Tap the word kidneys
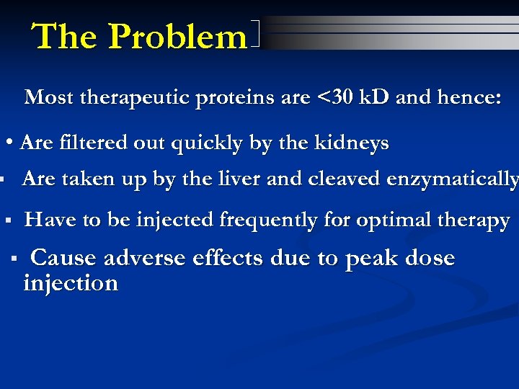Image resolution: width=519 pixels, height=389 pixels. click(352, 143)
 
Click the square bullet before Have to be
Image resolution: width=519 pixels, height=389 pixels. click(7, 220)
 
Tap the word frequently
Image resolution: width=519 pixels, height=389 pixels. click(265, 220)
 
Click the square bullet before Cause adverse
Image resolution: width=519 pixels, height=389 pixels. click(14, 257)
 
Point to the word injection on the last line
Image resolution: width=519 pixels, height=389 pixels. click(71, 282)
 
